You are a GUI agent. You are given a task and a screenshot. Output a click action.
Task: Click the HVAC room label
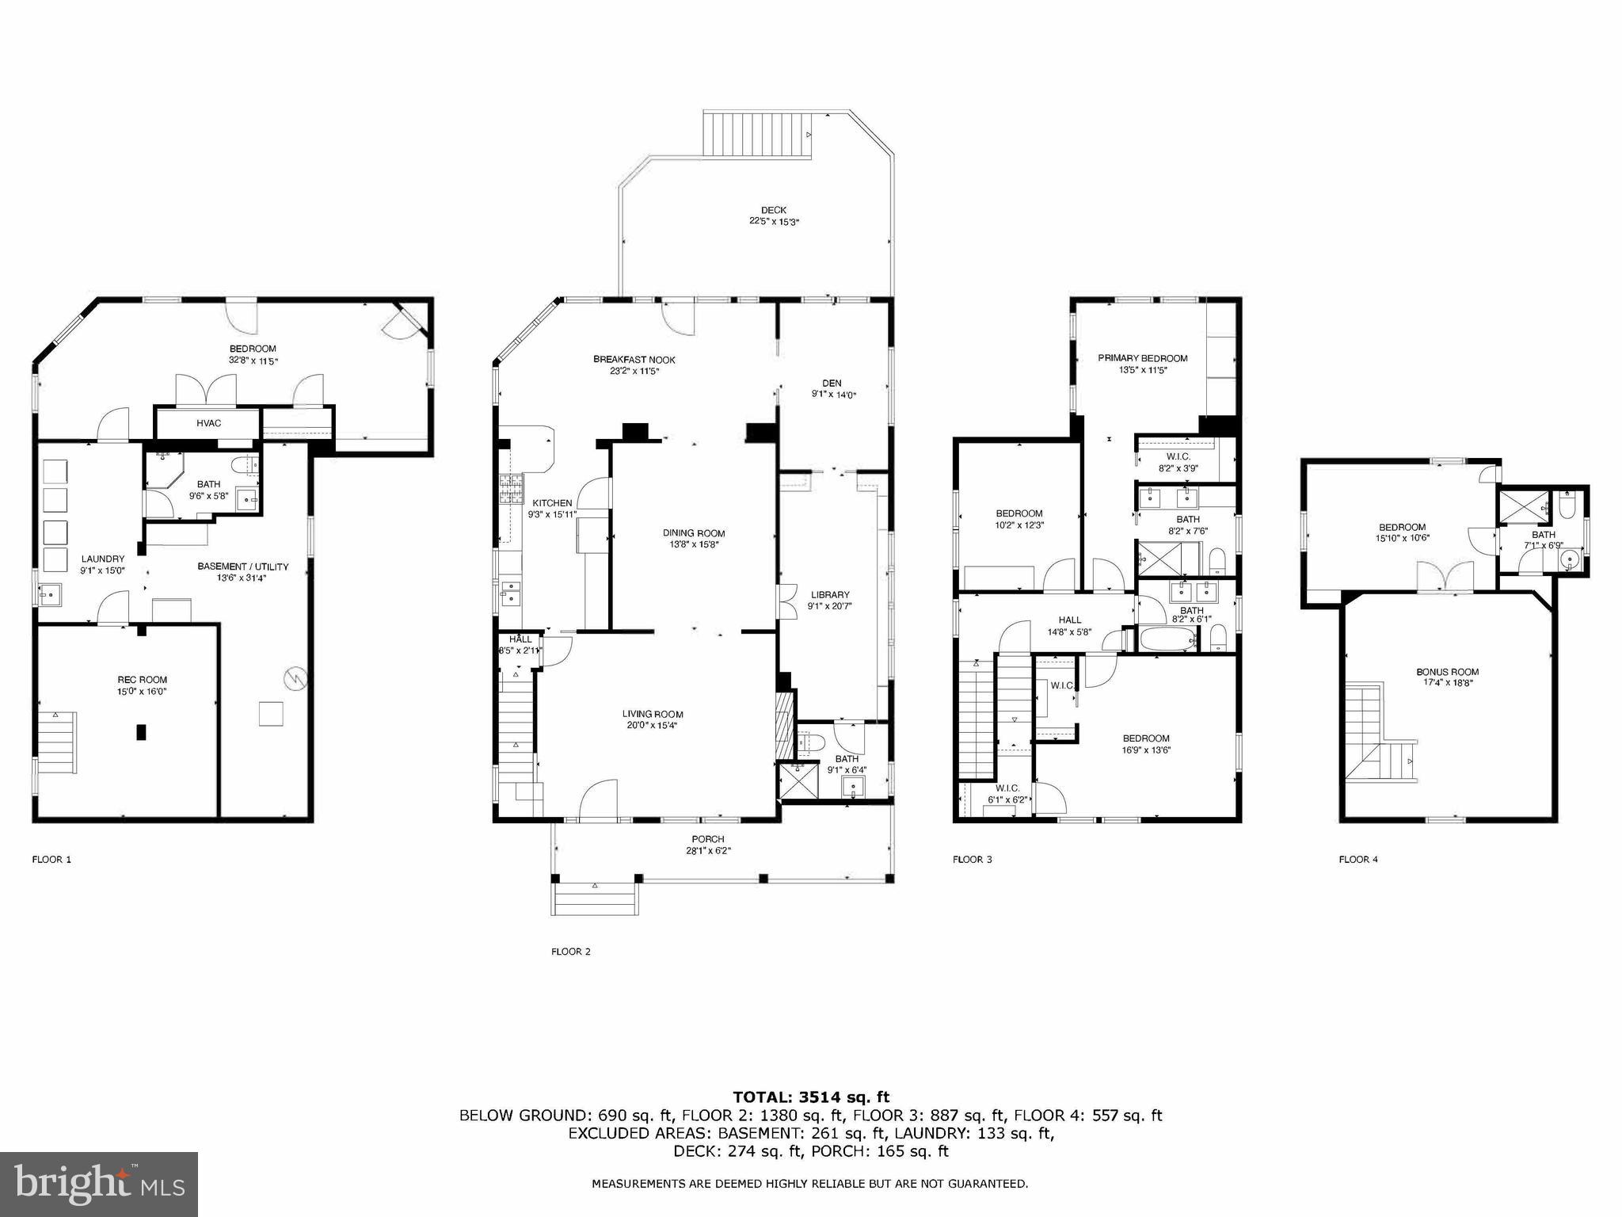pos(208,423)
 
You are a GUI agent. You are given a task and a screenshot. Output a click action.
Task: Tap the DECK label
pos(774,210)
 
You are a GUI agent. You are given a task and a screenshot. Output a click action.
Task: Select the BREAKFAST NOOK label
pos(634,360)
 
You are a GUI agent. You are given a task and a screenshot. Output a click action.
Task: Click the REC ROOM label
pos(142,680)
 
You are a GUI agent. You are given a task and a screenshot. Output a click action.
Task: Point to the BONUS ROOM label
pos(1447,672)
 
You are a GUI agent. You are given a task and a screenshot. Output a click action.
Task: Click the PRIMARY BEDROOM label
pos(1142,358)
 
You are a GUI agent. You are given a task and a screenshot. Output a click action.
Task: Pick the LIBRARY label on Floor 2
pos(829,595)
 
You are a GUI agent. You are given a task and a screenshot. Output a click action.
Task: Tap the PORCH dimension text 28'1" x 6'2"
pos(707,851)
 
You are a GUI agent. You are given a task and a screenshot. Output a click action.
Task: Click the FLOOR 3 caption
pos(972,859)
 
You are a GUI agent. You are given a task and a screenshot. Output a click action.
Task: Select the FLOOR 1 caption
pos(51,859)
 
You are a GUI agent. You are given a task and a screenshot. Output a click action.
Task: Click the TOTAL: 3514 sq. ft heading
pos(810,1097)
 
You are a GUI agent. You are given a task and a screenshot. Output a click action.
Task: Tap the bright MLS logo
pos(99,1185)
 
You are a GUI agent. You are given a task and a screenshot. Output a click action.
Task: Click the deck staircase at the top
pos(758,135)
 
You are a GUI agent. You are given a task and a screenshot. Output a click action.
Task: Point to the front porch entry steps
pos(596,899)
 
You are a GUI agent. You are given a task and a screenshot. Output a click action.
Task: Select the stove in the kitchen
pos(510,489)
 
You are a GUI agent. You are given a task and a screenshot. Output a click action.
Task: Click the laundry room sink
pos(49,594)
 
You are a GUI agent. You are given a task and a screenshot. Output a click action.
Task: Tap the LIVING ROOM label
pos(652,714)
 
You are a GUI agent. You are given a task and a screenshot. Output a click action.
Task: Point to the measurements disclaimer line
pos(809,1184)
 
